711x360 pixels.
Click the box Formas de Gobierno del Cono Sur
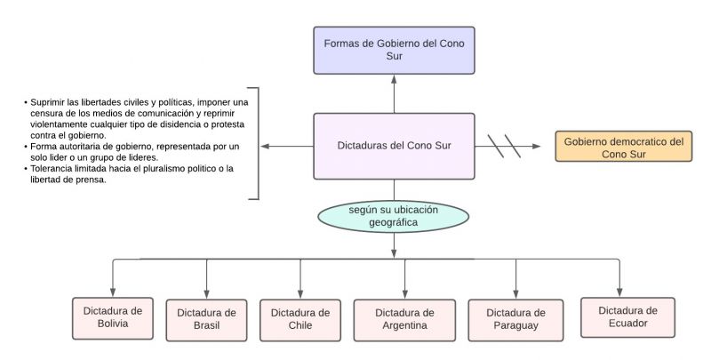pos(394,50)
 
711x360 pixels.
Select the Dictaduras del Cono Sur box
pos(394,146)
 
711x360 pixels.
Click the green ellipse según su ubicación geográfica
pos(393,216)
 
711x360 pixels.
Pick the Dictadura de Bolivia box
pos(112,318)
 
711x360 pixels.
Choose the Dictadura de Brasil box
pos(206,319)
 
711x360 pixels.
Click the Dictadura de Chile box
pos(300,319)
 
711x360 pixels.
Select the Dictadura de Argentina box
pos(404,319)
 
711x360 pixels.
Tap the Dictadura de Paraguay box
pos(515,319)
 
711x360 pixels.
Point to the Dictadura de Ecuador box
pos(627,317)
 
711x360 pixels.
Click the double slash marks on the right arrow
pos(505,147)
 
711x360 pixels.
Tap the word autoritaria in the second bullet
pos(86,146)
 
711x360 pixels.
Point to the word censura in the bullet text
pos(51,115)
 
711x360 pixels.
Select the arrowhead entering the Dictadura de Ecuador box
pos(620,291)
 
